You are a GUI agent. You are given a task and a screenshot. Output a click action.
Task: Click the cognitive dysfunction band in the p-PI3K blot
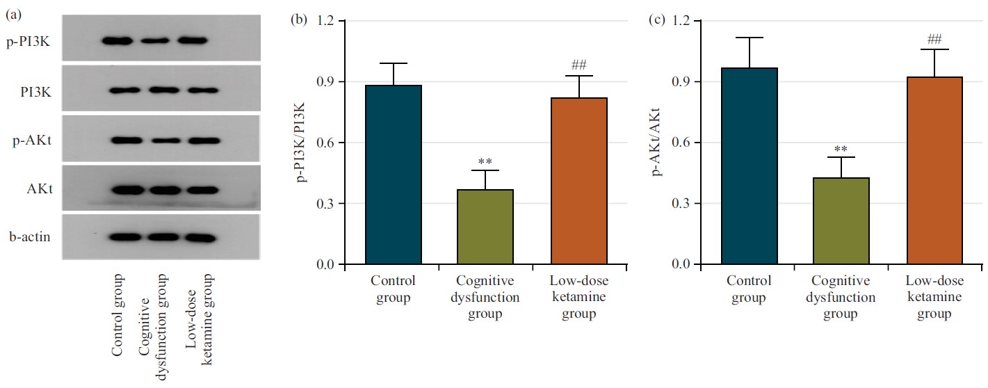tap(154, 41)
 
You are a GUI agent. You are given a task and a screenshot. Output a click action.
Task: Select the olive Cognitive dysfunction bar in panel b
tap(485, 227)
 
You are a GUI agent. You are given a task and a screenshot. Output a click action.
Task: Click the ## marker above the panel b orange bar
tap(578, 65)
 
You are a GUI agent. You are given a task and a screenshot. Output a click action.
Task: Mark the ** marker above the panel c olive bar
tap(840, 148)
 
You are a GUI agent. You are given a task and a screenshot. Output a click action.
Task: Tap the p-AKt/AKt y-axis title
tap(656, 143)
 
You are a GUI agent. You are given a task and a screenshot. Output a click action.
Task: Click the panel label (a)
tap(13, 11)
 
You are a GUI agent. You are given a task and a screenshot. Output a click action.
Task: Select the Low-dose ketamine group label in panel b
tap(578, 298)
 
